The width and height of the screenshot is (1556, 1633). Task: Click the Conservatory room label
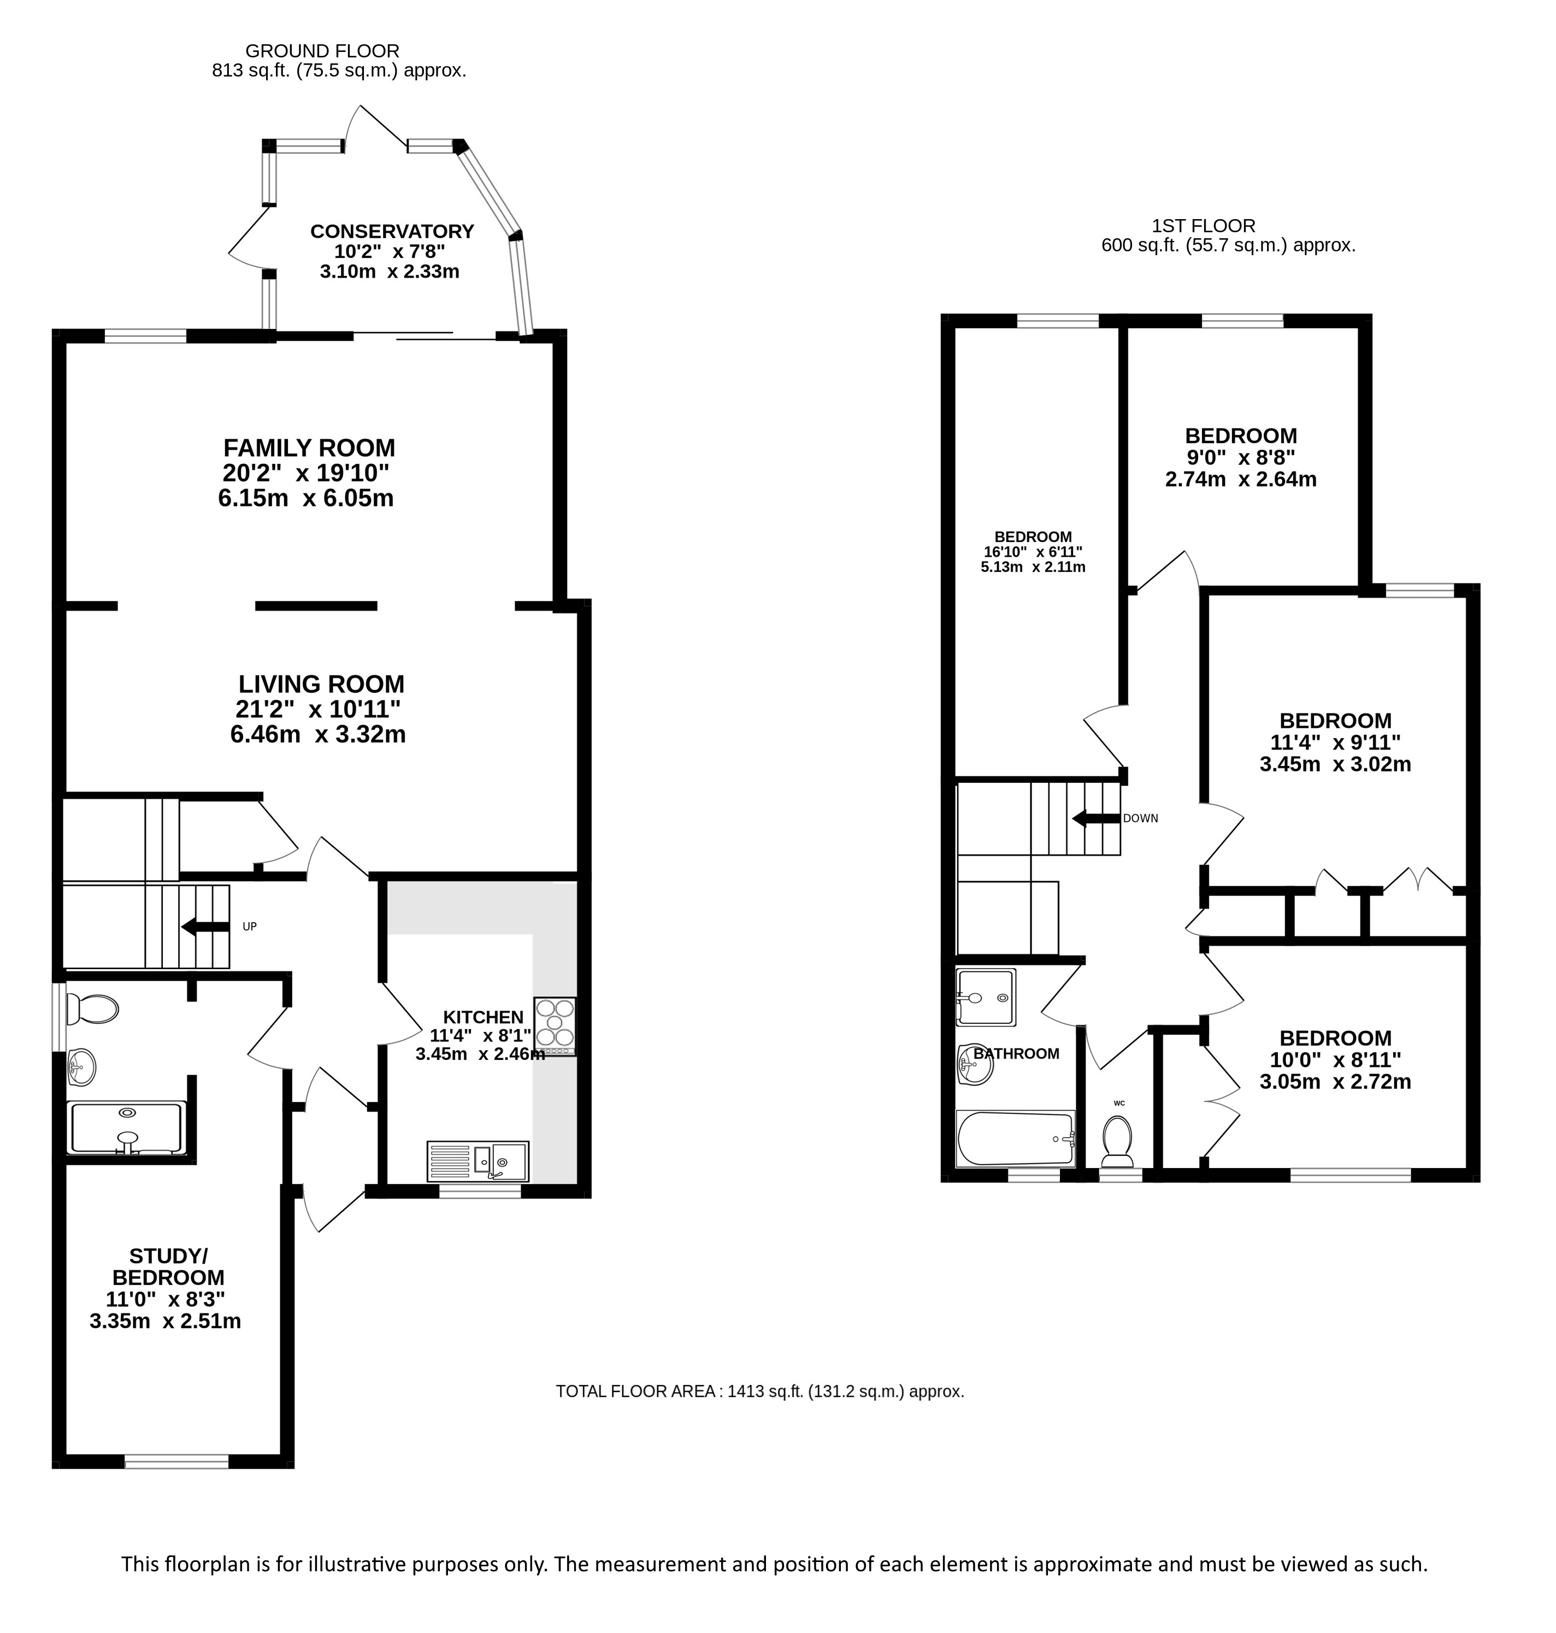tap(392, 232)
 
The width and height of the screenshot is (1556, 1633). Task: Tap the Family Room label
tap(309, 449)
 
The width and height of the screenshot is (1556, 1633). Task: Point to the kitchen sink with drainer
tap(478, 1161)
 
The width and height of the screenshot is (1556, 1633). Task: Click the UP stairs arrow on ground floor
tap(205, 927)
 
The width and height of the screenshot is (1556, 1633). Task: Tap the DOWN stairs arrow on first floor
tap(1097, 818)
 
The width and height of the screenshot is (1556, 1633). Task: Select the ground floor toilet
tap(92, 1009)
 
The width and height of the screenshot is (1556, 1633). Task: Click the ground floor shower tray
tap(127, 1128)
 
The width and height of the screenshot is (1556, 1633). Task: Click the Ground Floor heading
tap(323, 51)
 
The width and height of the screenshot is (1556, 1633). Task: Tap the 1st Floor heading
tap(1204, 226)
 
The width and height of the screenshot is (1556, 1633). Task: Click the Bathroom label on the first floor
tap(1016, 1053)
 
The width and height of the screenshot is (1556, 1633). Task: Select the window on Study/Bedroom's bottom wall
tap(176, 1461)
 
